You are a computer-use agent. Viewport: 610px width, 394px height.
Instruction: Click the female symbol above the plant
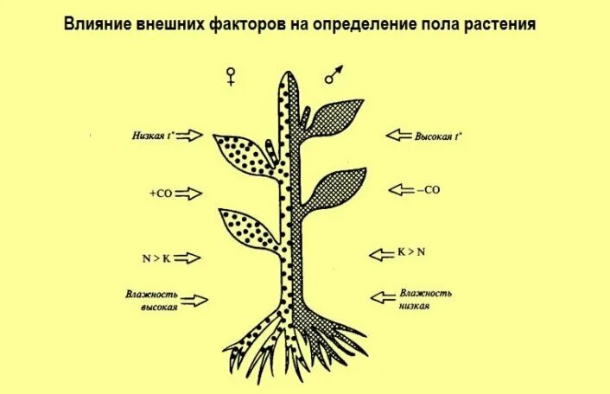pos(231,77)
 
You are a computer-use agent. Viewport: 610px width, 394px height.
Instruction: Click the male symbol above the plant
pos(334,74)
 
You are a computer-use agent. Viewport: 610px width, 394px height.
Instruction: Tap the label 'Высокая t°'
pos(438,136)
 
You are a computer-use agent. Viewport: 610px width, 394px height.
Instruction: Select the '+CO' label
pos(161,194)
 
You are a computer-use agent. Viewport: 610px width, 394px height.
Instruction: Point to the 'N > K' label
pos(157,258)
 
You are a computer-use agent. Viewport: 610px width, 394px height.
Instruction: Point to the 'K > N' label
pos(411,252)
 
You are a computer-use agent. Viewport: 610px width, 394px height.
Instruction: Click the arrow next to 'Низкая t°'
pos(194,135)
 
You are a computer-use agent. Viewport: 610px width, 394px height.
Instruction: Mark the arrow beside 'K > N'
pos(382,253)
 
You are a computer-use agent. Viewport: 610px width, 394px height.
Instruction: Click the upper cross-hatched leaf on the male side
pos(332,115)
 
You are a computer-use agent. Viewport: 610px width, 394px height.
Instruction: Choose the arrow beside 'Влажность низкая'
pos(384,297)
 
